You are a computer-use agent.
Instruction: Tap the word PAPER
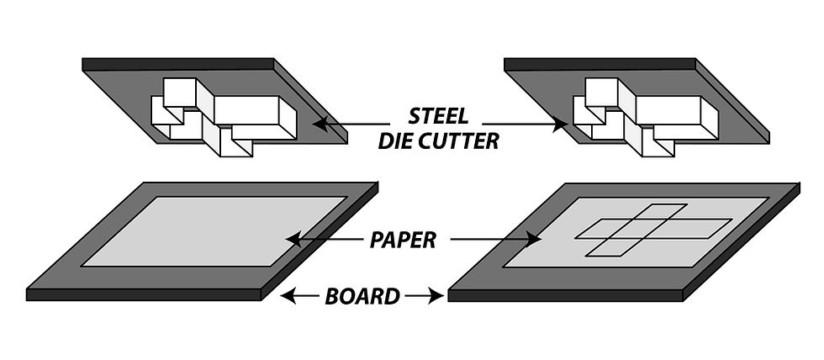click(x=403, y=241)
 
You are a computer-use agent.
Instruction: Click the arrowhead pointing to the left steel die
click(x=318, y=123)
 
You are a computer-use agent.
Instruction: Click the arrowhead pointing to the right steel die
click(x=563, y=126)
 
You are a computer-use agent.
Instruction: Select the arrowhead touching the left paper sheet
click(x=291, y=240)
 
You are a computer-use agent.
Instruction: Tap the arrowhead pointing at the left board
click(x=286, y=295)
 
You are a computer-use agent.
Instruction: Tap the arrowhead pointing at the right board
click(x=438, y=295)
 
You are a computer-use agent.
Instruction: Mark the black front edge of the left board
click(x=143, y=294)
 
